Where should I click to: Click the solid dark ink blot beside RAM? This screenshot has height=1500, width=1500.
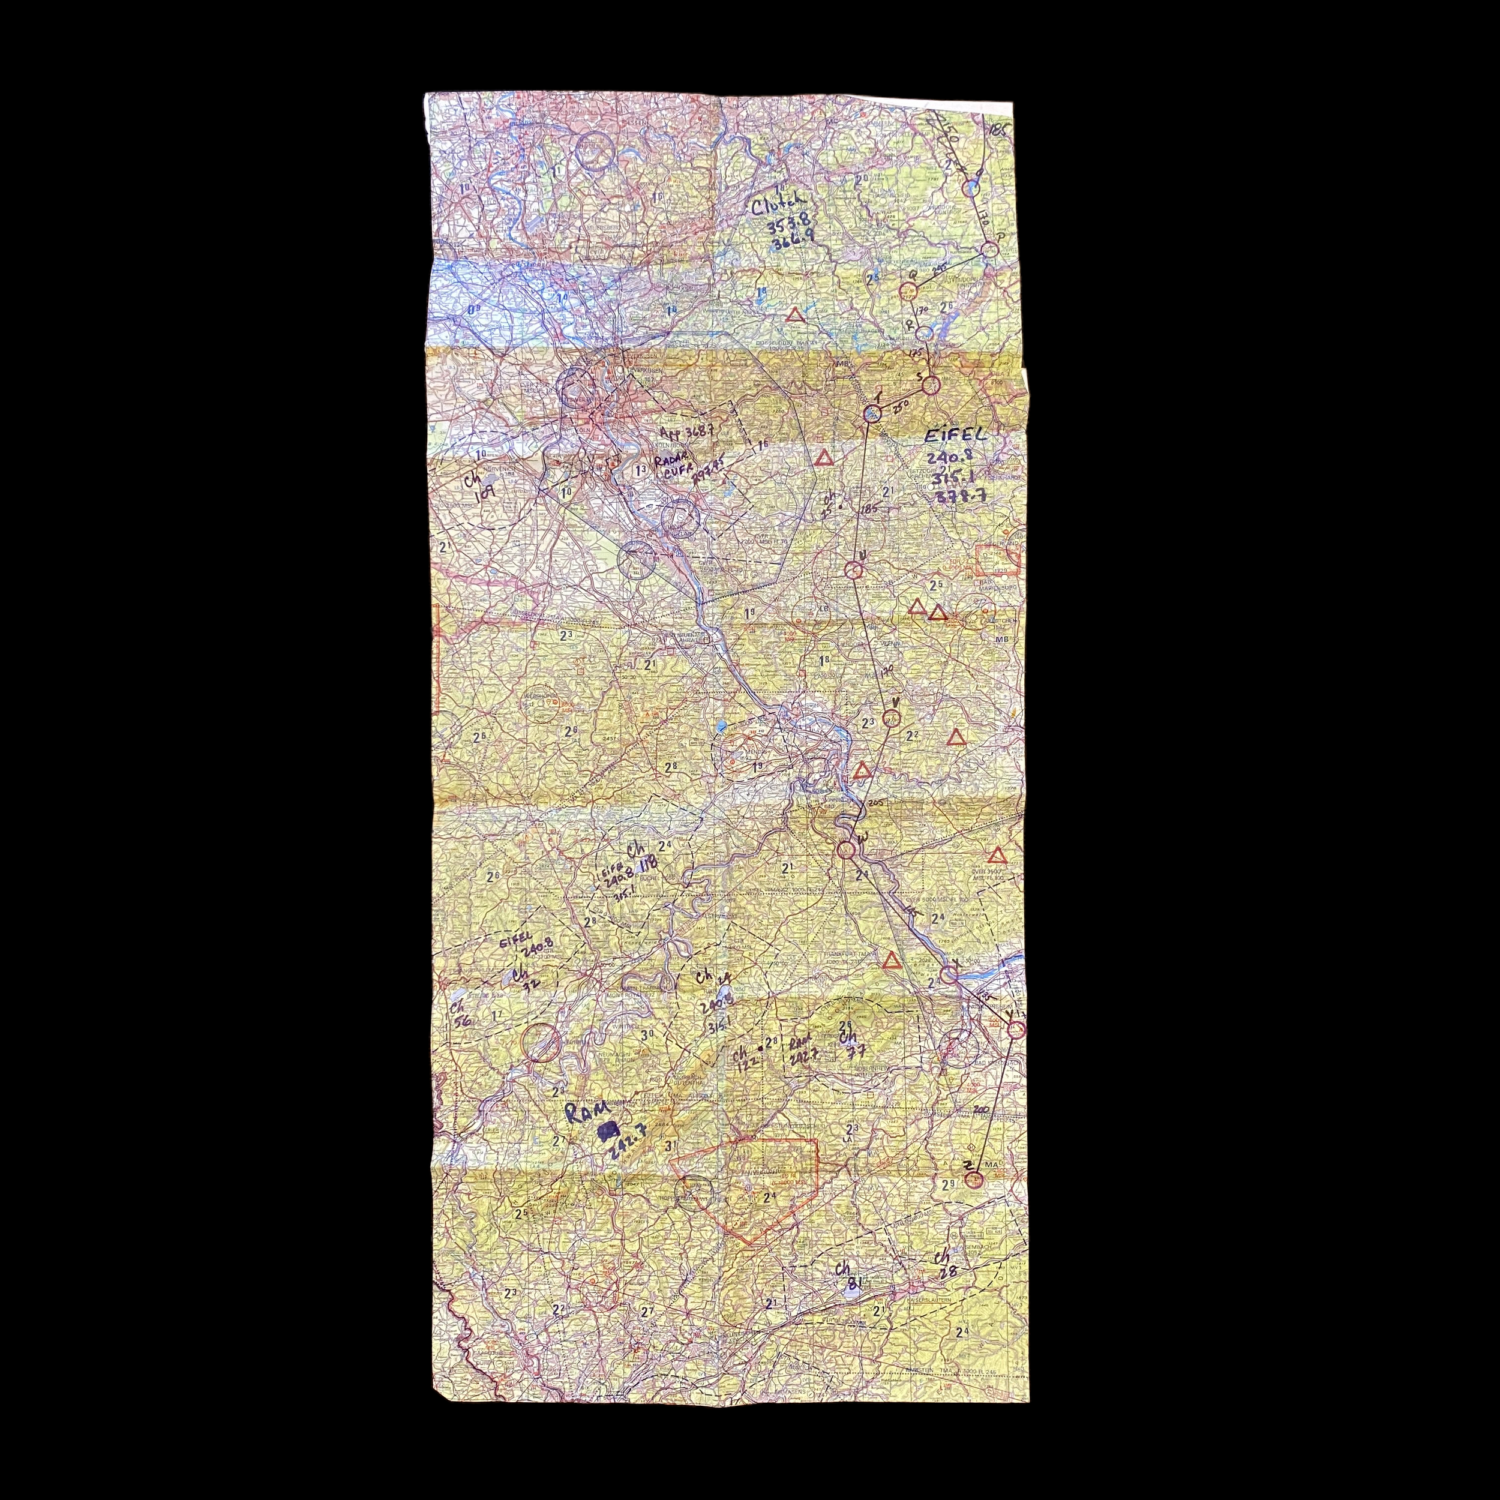pyautogui.click(x=607, y=1132)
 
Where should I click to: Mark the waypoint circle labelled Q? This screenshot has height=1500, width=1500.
pyautogui.click(x=908, y=291)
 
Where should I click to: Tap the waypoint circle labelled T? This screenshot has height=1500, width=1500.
pyautogui.click(x=872, y=415)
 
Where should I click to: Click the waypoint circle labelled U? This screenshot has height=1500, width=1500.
pyautogui.click(x=853, y=571)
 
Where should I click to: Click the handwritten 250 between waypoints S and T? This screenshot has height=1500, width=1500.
pyautogui.click(x=900, y=406)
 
